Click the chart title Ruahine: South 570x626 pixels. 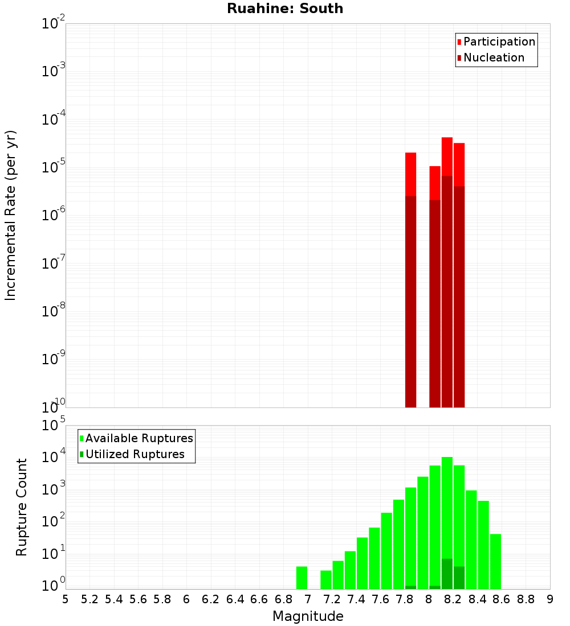tap(285, 9)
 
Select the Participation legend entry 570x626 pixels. tap(499, 42)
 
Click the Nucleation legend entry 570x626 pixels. tap(494, 57)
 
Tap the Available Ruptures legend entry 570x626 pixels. tap(139, 438)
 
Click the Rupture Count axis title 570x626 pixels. tap(22, 507)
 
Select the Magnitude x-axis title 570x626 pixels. tap(308, 616)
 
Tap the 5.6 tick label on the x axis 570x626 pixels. tap(139, 599)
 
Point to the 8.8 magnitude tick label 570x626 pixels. tap(526, 599)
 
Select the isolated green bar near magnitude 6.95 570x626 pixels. tap(302, 578)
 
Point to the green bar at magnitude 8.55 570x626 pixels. tap(495, 561)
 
